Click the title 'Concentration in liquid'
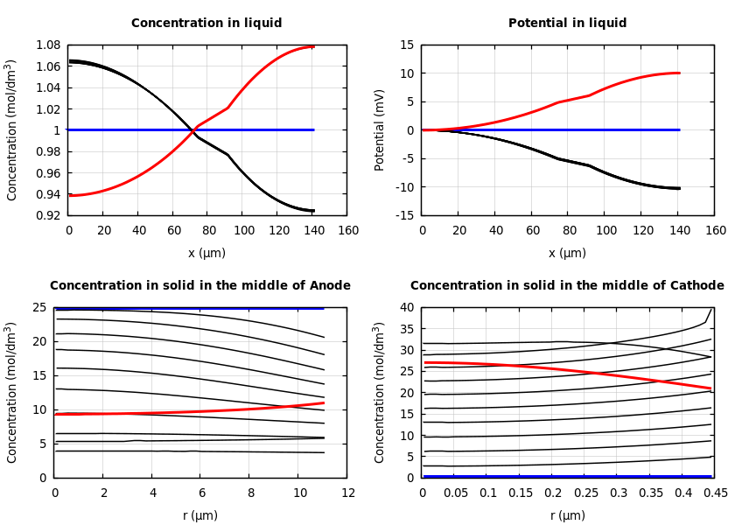tap(206, 24)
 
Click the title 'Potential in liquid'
tap(567, 24)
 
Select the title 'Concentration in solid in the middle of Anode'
tap(200, 286)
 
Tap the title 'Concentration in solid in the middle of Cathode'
tap(567, 286)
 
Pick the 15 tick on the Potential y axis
tap(406, 45)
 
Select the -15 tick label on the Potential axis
tap(403, 215)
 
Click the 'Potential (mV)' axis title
tap(380, 129)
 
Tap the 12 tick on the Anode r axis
tap(347, 493)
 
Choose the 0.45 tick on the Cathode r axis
tap(715, 493)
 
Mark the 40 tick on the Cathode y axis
tap(406, 307)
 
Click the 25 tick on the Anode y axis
tap(38, 307)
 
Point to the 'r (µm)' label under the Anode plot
tap(200, 515)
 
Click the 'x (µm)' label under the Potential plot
tap(567, 253)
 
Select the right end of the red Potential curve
tap(680, 73)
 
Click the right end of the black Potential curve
tap(680, 188)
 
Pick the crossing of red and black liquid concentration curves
tap(192, 130)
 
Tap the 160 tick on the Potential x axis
tap(715, 231)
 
